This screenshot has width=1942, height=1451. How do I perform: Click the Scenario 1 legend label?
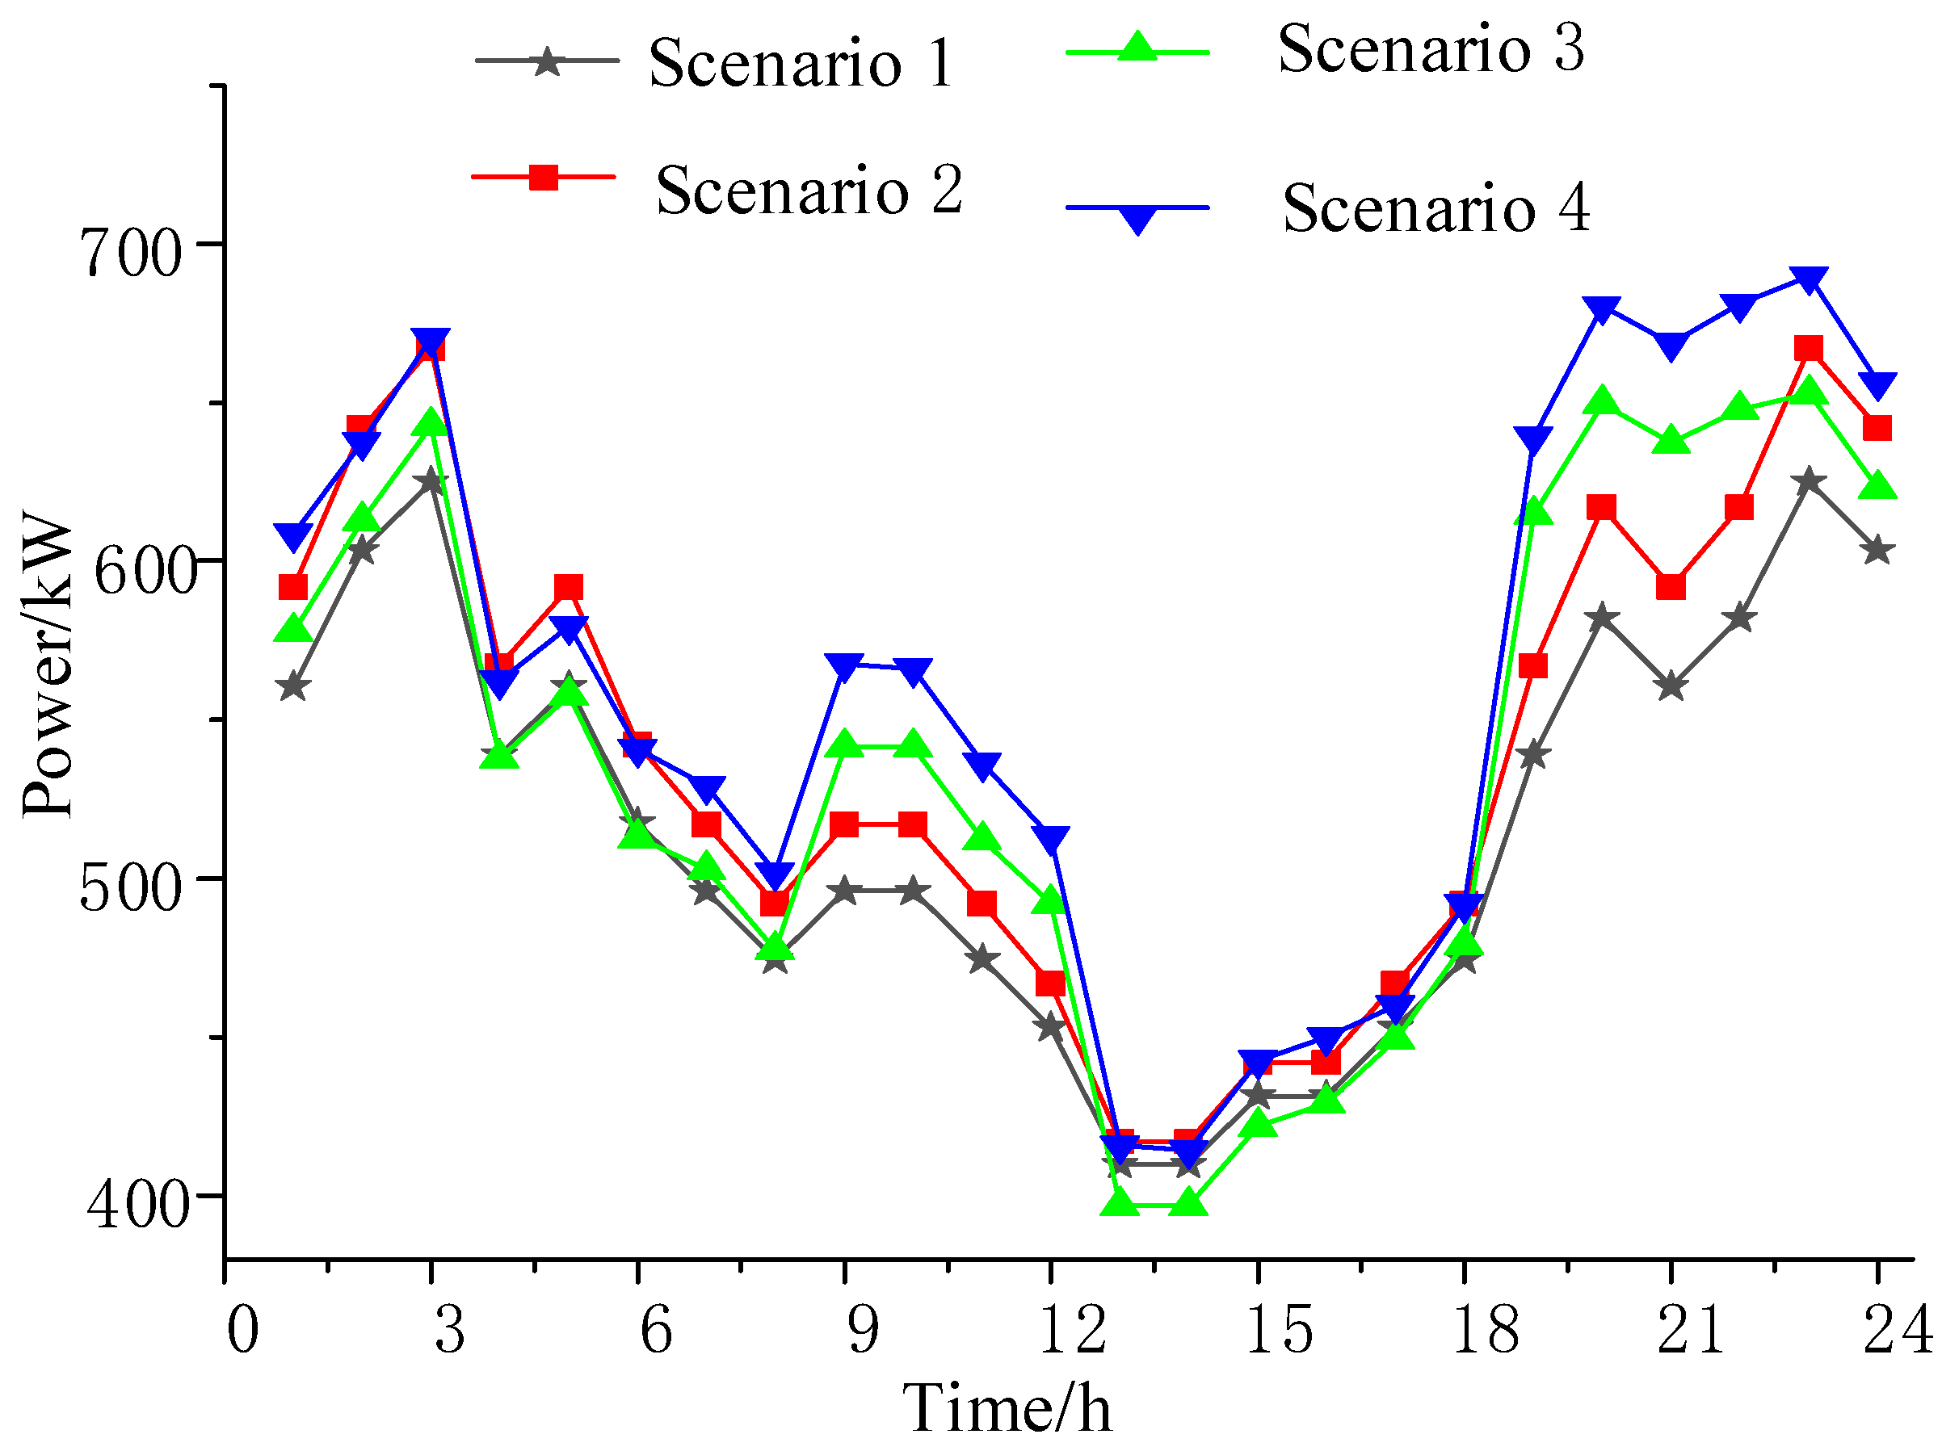[801, 63]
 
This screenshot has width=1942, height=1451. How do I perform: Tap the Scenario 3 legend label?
[1430, 48]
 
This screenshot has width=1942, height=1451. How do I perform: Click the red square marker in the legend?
[544, 178]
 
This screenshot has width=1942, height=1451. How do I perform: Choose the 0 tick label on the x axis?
[242, 1329]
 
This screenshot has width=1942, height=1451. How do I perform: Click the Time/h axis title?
[1007, 1409]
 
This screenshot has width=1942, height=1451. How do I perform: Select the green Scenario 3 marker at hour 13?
[1120, 1201]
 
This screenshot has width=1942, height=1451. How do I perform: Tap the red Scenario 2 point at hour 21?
[1671, 586]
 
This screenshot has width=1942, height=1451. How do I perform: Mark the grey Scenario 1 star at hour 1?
[293, 686]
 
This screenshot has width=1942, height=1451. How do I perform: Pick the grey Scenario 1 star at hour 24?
[1878, 551]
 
